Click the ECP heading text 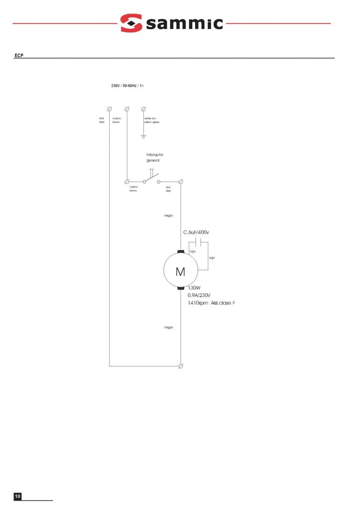tap(18, 56)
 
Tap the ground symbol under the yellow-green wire tap(144, 137)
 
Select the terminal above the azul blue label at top tap(109, 109)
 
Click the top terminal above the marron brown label tap(127, 109)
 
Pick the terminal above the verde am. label tap(144, 109)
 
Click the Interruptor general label tap(154, 157)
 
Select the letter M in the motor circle tap(180, 272)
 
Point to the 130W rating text tap(194, 288)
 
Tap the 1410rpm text tap(197, 303)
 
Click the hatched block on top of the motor tap(180, 252)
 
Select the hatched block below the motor tap(180, 288)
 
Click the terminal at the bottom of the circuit tap(181, 365)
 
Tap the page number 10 tap(18, 496)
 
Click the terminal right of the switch tap(181, 181)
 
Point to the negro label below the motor tap(169, 327)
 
